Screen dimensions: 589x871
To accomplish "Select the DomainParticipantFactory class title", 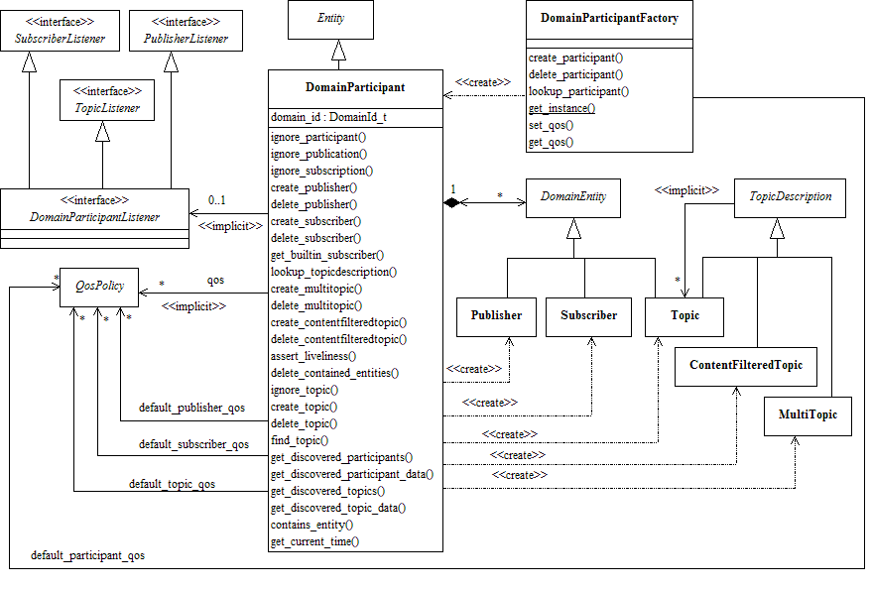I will (609, 18).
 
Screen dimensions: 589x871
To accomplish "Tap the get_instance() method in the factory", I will (561, 108).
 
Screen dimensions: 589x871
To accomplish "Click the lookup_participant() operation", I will (578, 91).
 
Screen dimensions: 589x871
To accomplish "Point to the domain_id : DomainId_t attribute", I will (328, 117).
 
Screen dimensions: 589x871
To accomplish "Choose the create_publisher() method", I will (313, 186).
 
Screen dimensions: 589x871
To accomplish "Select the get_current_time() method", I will (314, 540).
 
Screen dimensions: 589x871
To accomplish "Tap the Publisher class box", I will (496, 315).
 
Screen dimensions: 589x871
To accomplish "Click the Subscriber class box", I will (588, 315).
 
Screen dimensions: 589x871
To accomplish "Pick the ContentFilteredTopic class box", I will (746, 366).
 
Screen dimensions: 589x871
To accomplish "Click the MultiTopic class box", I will (808, 416).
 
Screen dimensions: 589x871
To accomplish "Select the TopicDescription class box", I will (790, 197).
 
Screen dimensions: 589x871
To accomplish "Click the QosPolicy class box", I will (99, 285).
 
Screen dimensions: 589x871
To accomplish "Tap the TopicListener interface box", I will (107, 101).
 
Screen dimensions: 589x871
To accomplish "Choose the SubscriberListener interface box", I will (60, 32).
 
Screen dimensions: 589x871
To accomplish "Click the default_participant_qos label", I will (87, 555).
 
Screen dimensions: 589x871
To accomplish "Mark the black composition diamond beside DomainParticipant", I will (451, 202).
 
